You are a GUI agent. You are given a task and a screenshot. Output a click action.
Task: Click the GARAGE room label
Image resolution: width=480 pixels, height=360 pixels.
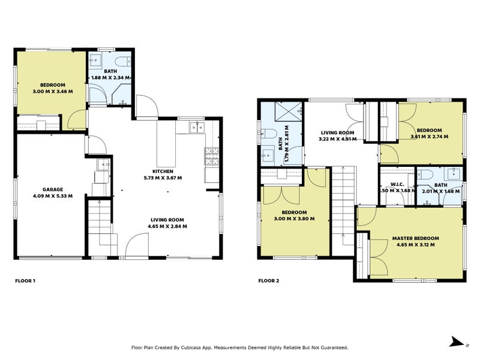point(53,189)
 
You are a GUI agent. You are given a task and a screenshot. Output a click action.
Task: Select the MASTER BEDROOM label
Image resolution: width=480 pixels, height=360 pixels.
point(413,238)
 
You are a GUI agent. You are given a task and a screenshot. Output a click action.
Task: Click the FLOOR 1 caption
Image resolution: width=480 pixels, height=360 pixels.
point(25,280)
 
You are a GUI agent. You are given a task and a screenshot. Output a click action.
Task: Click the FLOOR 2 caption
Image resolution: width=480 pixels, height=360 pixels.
point(269,280)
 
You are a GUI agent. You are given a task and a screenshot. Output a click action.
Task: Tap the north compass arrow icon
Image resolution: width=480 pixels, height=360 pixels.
point(458,341)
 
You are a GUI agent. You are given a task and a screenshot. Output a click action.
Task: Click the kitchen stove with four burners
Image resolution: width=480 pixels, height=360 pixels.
point(212,157)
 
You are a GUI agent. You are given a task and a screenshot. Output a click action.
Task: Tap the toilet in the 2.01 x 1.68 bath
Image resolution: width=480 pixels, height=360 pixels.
point(427,174)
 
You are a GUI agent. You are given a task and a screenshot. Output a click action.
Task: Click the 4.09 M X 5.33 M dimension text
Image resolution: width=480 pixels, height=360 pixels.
point(53,196)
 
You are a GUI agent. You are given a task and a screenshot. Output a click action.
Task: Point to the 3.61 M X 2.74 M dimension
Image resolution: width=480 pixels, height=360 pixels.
point(429,137)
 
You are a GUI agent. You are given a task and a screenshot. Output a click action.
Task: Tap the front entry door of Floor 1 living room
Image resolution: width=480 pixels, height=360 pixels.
point(138,246)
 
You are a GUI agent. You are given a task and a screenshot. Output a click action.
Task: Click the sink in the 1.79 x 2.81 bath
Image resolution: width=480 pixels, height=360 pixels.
point(267,155)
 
